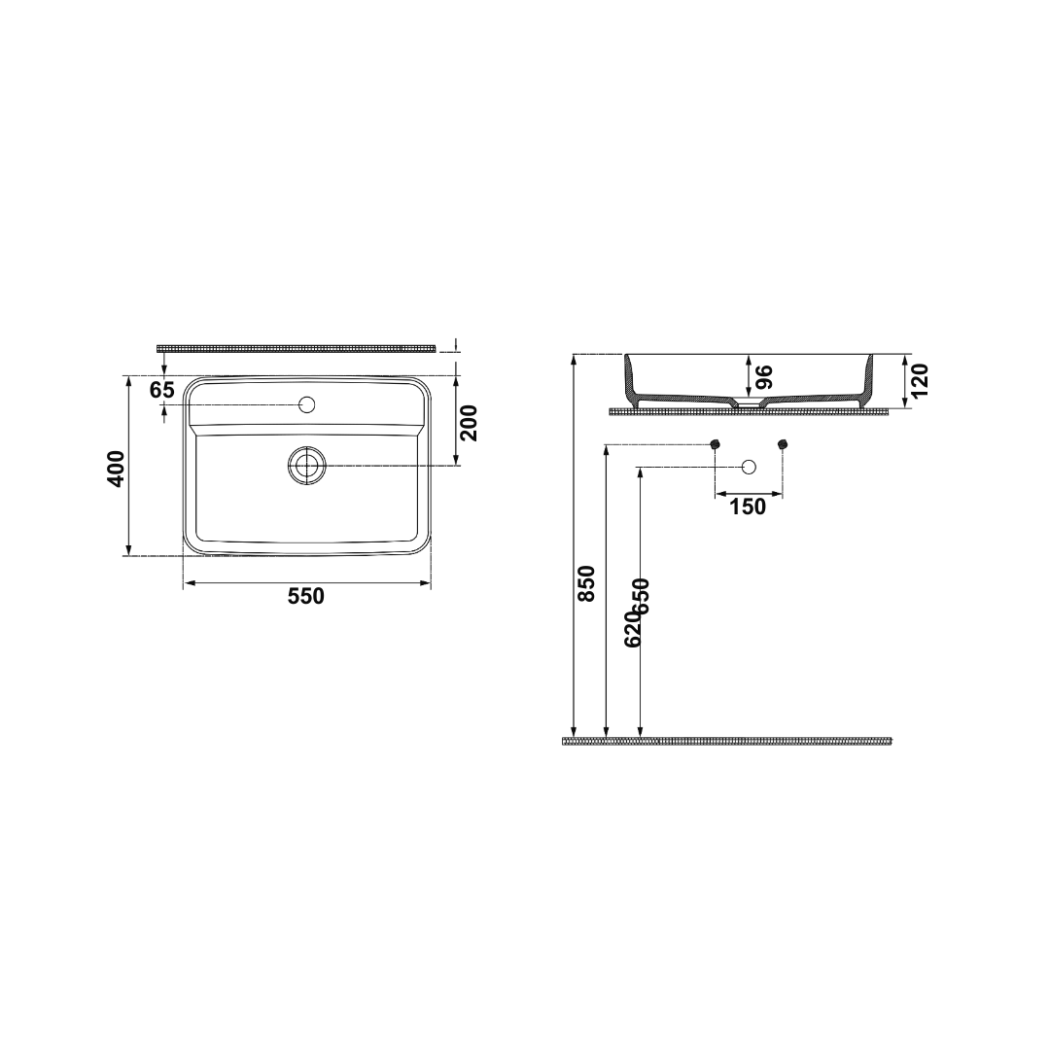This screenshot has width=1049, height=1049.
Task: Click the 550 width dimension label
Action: coord(305,595)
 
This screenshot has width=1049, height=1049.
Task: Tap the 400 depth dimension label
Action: coord(117,469)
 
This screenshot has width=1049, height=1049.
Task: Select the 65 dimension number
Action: coord(161,389)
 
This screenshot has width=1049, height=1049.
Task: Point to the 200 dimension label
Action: coord(470,423)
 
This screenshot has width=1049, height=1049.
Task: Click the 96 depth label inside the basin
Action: coord(764,376)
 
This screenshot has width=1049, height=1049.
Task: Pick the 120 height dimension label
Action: coord(921,381)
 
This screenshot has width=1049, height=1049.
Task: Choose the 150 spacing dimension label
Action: coord(748,507)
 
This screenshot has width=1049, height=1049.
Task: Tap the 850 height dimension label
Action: coord(586,584)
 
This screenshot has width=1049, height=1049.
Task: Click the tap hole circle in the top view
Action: coord(307,404)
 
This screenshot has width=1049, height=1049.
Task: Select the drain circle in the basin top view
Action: coord(307,465)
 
